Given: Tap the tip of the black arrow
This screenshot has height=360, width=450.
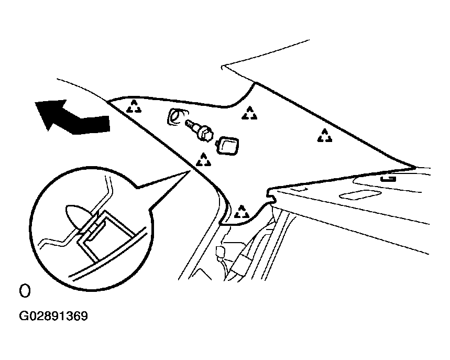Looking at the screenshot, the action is coord(35,103).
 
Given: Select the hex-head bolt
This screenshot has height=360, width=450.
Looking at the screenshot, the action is coord(200,131).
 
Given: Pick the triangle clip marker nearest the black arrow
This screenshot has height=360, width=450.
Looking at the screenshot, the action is coord(134,106).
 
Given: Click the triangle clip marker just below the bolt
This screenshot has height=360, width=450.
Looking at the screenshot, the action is coord(203,160).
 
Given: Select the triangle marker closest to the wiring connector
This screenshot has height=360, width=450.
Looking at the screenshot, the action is coord(242,212).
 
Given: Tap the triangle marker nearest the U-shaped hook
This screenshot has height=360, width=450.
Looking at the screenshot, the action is coord(325,136).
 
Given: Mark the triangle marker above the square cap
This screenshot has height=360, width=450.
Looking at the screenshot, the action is coord(249,113).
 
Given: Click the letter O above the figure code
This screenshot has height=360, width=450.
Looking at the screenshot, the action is coord(25,291).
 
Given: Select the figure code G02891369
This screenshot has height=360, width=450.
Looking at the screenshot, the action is coord(53,316).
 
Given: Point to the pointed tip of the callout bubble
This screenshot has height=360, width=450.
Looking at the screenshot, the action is coord(190,171).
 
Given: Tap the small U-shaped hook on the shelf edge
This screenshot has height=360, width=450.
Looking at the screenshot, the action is coord(388,179).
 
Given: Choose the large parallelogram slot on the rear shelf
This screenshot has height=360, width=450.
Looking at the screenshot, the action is coord(360,194).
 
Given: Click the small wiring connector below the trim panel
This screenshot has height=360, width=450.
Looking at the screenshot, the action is coord(221,252).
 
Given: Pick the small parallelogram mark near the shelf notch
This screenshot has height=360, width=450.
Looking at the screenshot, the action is coord(299,190).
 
